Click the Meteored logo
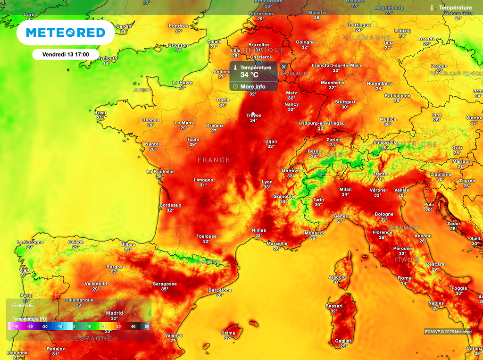[x=66, y=33]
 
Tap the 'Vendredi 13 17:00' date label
[x=66, y=54]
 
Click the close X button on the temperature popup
[x=283, y=67]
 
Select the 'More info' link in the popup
[x=252, y=86]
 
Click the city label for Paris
[x=223, y=100]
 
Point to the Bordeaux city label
[x=170, y=205]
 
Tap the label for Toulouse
[x=207, y=236]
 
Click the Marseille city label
[x=277, y=243]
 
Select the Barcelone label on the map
[x=220, y=290]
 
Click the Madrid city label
[x=115, y=313]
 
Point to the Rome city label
[x=405, y=278]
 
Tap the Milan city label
[x=346, y=190]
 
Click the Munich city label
[x=388, y=119]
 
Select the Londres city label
[x=178, y=26]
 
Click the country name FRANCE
[x=214, y=160]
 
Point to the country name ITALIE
[x=408, y=260]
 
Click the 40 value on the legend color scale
[x=133, y=326]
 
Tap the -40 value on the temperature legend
[x=16, y=326]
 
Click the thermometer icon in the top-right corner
[x=432, y=8]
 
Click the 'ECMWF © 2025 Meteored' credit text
[x=448, y=332]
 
